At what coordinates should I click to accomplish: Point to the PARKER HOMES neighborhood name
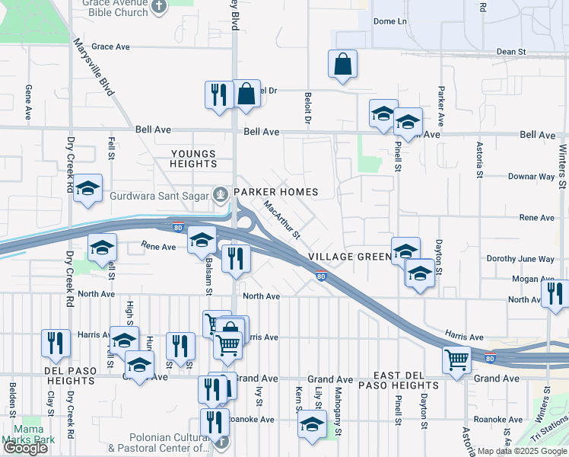point(275,192)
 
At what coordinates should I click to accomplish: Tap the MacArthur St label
point(282,219)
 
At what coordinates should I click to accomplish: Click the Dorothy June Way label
point(520,259)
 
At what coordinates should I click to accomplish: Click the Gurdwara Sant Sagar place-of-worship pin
point(221,193)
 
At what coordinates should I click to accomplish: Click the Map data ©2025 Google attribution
point(522,451)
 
